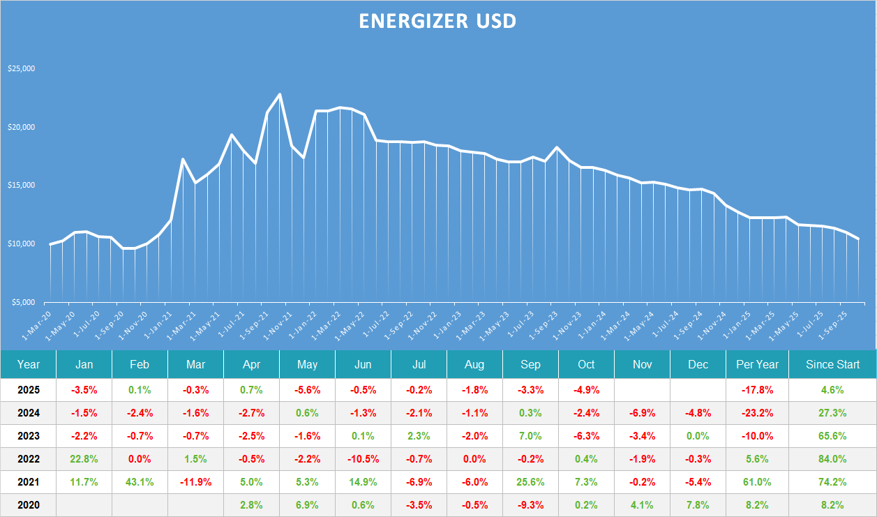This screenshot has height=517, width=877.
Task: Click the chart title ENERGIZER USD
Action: pos(437,21)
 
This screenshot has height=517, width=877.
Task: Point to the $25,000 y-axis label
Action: pos(21,69)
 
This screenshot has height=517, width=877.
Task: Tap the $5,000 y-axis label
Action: pos(22,302)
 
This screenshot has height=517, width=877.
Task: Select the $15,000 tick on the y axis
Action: pos(21,186)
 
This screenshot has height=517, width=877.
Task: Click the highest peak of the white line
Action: pos(280,94)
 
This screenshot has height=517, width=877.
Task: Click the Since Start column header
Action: pos(832,364)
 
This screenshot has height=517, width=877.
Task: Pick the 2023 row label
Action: pos(29,436)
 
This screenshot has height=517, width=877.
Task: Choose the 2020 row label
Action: pos(29,505)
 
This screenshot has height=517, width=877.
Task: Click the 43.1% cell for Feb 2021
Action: pos(140,482)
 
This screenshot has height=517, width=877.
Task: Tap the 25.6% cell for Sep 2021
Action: pos(530,482)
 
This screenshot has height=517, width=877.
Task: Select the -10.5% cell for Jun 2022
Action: pos(363,459)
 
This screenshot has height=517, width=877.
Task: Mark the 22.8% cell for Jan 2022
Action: pos(84,459)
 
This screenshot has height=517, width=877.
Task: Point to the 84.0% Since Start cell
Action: pos(832,459)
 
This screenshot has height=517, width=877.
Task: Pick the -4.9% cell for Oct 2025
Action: pos(586,390)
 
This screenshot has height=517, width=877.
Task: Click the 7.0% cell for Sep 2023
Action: pos(530,436)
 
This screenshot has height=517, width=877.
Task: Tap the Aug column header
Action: pos(474,364)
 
